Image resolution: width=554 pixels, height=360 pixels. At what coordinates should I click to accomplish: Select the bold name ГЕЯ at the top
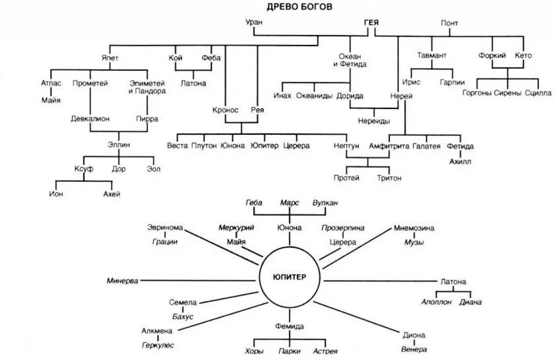click(x=371, y=22)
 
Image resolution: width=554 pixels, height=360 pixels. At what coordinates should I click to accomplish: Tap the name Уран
click(x=255, y=22)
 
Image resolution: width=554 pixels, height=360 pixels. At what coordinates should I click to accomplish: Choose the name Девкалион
click(x=91, y=119)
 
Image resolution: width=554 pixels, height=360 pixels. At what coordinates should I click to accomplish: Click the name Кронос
click(x=225, y=110)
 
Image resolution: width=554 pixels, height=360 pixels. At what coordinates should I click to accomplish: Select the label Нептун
click(x=346, y=145)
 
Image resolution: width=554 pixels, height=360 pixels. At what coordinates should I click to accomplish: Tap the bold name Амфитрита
click(x=389, y=145)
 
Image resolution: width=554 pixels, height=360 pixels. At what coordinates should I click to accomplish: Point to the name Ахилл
click(x=461, y=161)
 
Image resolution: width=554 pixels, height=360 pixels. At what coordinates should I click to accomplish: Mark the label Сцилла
click(x=537, y=93)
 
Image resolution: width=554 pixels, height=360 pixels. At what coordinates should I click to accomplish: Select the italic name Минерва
click(x=123, y=281)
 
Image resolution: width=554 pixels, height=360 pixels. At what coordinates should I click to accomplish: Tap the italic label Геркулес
click(x=157, y=345)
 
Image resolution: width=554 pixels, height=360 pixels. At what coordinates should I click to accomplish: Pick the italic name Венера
click(x=414, y=349)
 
